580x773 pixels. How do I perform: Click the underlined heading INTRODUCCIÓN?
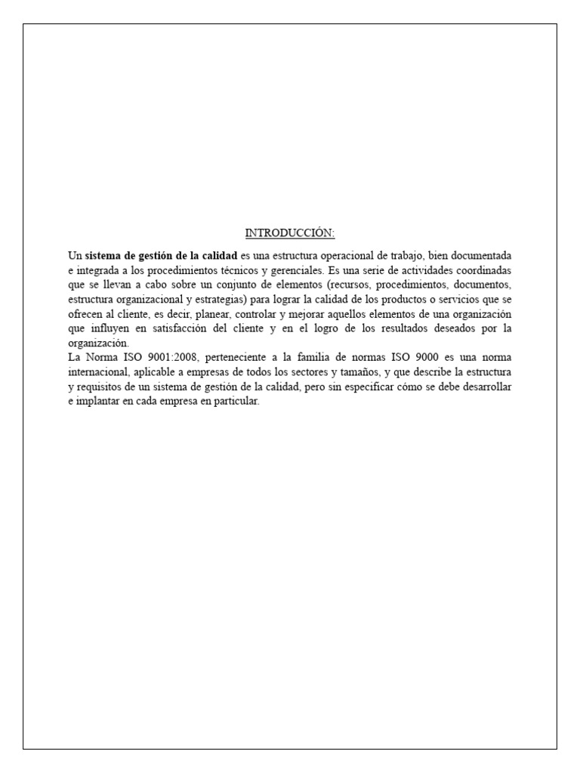pos(289,233)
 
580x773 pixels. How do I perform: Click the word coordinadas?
pos(480,269)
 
